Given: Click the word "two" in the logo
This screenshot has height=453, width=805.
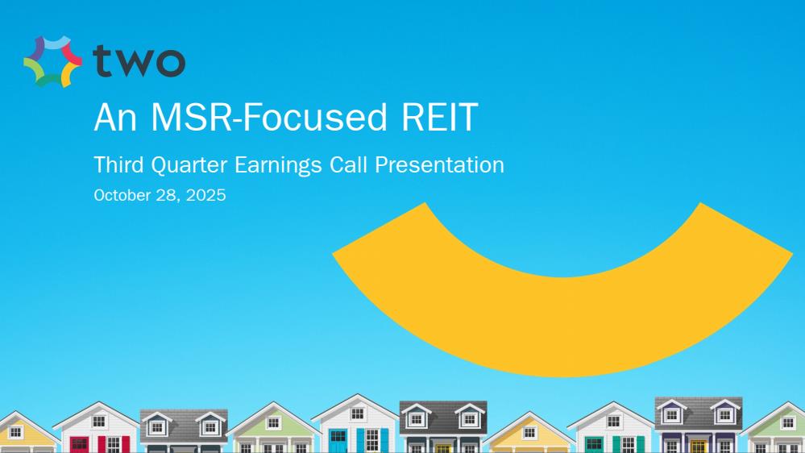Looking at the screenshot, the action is (x=139, y=61).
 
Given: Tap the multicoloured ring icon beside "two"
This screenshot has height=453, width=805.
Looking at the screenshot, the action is (x=53, y=61).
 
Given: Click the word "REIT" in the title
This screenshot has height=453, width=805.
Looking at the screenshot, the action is (x=439, y=117).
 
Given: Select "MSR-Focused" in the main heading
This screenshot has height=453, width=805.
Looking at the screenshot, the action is (x=268, y=117).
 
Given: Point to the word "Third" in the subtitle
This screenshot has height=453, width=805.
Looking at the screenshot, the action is (x=119, y=165).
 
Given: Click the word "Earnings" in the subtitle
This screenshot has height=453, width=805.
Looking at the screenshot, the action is (x=278, y=166).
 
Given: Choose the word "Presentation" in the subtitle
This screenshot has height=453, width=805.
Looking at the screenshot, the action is (x=439, y=165).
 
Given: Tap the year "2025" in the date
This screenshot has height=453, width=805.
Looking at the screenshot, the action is (x=205, y=195).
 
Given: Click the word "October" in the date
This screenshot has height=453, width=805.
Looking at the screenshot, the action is (x=122, y=195).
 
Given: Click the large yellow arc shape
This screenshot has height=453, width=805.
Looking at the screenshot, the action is (x=562, y=329).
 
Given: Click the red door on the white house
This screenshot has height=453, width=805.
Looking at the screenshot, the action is (x=79, y=445).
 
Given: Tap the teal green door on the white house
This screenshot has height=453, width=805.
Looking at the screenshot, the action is (x=594, y=445).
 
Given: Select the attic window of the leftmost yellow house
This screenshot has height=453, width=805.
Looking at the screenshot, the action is (x=16, y=431).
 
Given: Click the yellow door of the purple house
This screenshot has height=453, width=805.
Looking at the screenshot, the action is (x=698, y=447).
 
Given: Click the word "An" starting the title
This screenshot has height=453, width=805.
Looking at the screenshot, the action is (x=115, y=117).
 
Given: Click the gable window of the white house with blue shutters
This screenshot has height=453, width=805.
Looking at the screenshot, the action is (x=358, y=414).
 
